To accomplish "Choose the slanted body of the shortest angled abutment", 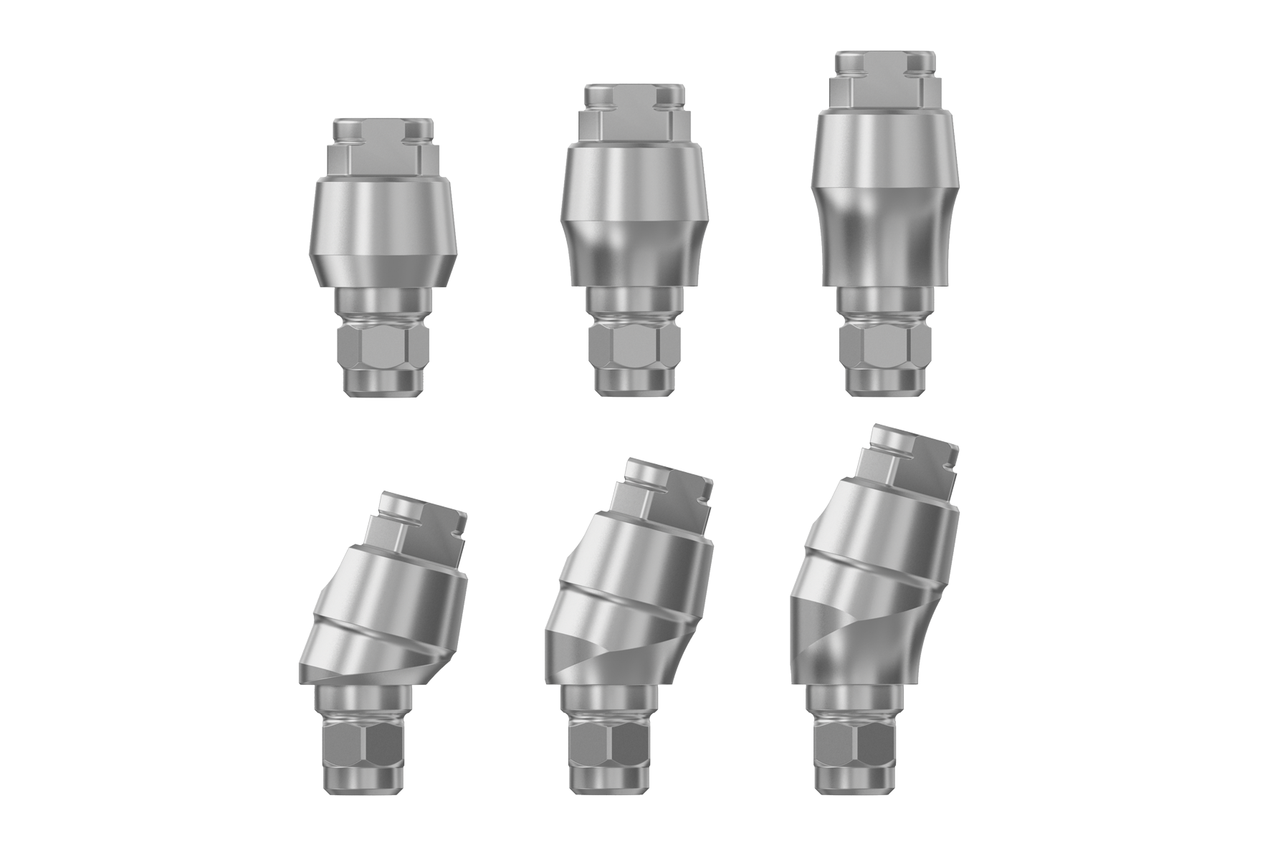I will [383, 616].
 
